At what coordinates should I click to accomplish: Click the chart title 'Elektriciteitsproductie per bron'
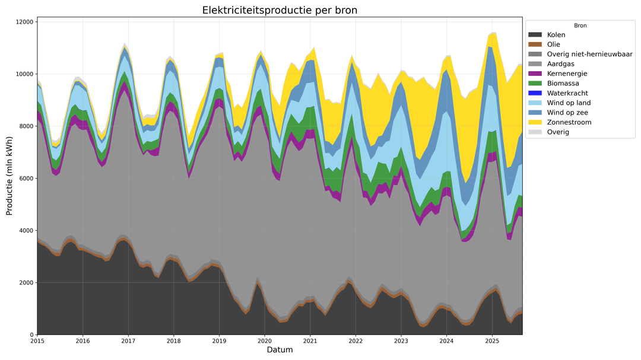(x=280, y=10)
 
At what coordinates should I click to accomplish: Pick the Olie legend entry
(x=554, y=44)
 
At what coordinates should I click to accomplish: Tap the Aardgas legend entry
(x=561, y=63)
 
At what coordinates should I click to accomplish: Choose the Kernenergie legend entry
(x=567, y=74)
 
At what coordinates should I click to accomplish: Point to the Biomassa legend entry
(x=563, y=83)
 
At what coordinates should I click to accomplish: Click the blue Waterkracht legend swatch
(x=536, y=93)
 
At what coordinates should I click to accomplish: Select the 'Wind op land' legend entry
(x=568, y=103)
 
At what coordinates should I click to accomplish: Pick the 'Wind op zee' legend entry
(x=567, y=113)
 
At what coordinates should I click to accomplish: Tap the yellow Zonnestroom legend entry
(x=569, y=122)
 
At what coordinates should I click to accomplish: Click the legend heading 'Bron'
(x=580, y=26)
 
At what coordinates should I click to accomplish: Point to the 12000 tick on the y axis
(x=23, y=22)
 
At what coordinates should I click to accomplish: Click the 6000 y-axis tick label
(x=24, y=179)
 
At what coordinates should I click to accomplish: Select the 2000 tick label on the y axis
(x=24, y=283)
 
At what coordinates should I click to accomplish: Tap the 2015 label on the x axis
(x=37, y=341)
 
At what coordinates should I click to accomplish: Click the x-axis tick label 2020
(x=265, y=341)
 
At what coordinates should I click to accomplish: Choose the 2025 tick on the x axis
(x=492, y=341)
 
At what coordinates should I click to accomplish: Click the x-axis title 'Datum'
(x=280, y=351)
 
